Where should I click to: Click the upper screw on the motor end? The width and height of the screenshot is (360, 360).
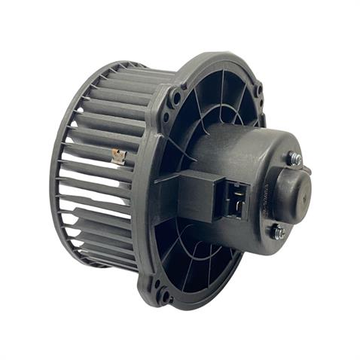pyautogui.click(x=294, y=159)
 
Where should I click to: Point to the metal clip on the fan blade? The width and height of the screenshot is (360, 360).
pyautogui.click(x=118, y=157)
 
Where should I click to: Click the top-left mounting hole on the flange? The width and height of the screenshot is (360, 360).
pyautogui.click(x=176, y=96)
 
